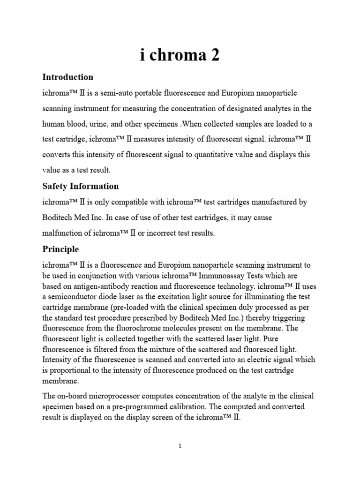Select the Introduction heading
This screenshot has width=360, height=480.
tap(67, 77)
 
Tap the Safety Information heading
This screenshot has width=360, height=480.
tap(80, 186)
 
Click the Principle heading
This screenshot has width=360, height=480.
tap(60, 249)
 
